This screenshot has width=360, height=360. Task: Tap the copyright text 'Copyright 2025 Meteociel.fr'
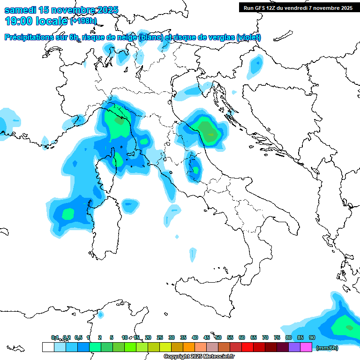(199, 357)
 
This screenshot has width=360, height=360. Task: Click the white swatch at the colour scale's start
(48, 347)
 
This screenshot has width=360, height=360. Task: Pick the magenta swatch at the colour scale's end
(306, 347)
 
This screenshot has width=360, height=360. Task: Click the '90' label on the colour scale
(312, 337)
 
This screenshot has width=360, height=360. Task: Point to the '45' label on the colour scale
(207, 337)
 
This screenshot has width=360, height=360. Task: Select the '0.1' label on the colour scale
(55, 337)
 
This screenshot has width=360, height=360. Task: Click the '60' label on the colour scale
(242, 337)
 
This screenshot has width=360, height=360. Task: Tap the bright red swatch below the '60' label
(247, 347)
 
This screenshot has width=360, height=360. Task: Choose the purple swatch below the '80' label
(294, 347)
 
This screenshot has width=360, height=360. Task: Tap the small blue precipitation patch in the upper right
(256, 65)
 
